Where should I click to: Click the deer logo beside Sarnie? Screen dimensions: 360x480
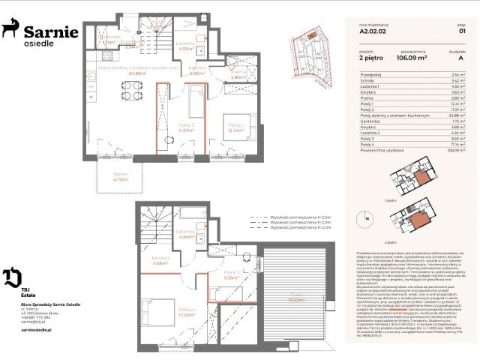10,30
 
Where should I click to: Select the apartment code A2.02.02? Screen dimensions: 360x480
373,32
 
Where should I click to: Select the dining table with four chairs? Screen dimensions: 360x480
130,91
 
